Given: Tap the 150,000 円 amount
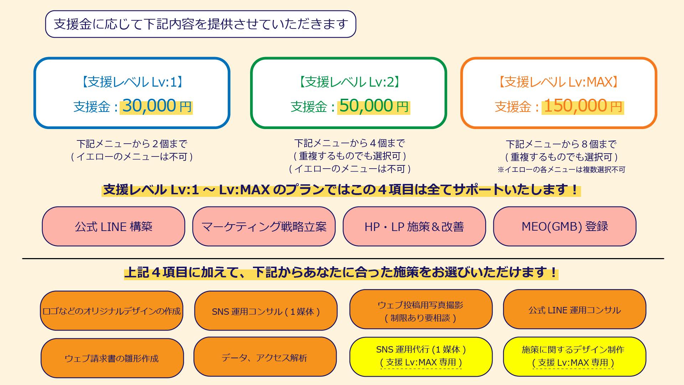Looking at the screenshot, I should tap(582, 106).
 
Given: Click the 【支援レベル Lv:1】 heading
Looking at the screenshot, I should tap(132, 82).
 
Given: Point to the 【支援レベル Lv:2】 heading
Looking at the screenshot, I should tap(349, 82).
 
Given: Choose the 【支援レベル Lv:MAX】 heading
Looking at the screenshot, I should tap(558, 82).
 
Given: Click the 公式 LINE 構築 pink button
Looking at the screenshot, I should tap(114, 227).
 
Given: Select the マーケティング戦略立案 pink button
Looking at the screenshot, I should tap(264, 227).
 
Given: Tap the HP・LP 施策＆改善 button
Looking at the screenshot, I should tap(414, 227).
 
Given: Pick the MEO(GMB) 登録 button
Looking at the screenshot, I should tap(565, 227).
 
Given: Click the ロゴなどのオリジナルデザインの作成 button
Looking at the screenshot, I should tap(112, 311).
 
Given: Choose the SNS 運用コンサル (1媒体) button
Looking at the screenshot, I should tap(266, 311).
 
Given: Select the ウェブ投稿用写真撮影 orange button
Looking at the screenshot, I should tap(421, 309).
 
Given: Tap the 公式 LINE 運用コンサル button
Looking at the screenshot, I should tap(575, 309).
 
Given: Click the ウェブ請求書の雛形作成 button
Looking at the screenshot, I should tap(112, 358).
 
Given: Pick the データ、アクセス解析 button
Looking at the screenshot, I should tap(265, 357).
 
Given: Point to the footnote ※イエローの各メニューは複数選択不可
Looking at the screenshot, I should tap(561, 170).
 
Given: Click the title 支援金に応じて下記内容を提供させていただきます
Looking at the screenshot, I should tap(201, 24).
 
